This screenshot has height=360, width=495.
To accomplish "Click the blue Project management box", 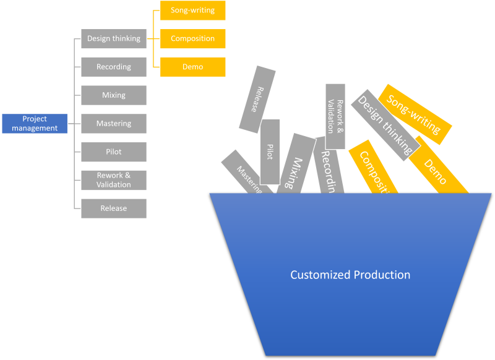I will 35,124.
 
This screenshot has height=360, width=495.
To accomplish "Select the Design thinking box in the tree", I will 114,38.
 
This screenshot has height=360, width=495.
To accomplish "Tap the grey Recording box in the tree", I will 114,67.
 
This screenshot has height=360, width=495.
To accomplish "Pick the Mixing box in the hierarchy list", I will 114,95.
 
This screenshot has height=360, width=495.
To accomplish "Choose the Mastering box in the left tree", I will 114,124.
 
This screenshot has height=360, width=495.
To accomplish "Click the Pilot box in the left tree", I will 114,152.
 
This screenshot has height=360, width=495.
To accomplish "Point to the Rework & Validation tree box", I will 114,180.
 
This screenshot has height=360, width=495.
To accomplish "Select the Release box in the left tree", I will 114,208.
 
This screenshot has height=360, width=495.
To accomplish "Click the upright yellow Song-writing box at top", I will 192,11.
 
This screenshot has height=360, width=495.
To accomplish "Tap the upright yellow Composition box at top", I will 192,38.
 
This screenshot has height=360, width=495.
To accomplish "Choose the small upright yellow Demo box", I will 192,67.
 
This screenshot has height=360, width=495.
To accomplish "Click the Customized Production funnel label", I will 350,275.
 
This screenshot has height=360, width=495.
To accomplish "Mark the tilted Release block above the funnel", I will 257,99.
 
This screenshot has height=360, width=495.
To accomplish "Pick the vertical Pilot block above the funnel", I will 270,152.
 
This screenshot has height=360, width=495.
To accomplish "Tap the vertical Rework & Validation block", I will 335,116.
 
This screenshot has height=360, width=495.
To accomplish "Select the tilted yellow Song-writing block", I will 415,114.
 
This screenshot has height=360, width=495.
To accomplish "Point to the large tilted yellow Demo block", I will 437,168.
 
